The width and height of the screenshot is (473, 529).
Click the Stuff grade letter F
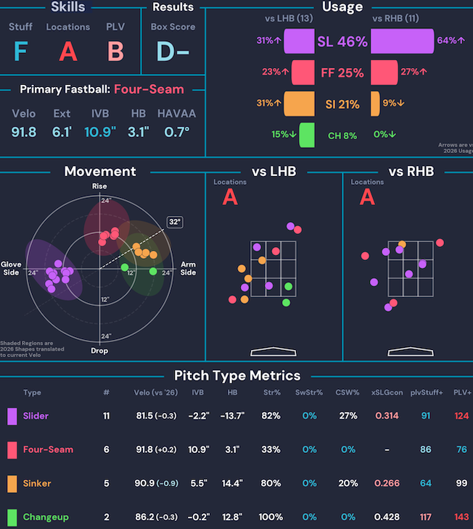tap(20, 52)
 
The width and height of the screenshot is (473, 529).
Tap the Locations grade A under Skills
tap(68, 52)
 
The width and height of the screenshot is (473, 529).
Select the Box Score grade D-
tap(173, 52)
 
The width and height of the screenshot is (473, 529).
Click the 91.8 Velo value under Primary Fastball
tap(24, 132)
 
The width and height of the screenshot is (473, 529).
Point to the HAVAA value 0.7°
tap(176, 132)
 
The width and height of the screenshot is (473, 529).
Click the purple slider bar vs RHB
tap(402, 41)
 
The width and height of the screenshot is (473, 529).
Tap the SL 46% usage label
tap(342, 42)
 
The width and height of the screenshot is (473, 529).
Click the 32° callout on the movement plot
tap(174, 222)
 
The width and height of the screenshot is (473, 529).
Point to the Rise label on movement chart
tap(99, 187)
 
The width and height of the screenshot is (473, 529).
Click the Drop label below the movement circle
tap(99, 350)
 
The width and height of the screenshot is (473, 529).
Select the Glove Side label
tap(12, 268)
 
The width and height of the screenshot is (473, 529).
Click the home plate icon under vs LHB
tap(273, 352)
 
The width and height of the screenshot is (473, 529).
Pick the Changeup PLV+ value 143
tap(461, 517)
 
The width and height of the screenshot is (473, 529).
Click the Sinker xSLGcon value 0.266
tap(386, 483)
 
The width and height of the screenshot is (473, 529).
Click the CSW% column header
tap(348, 393)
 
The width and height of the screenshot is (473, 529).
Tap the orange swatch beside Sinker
tap(12, 483)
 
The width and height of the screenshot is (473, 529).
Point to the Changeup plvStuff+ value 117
tap(426, 517)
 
